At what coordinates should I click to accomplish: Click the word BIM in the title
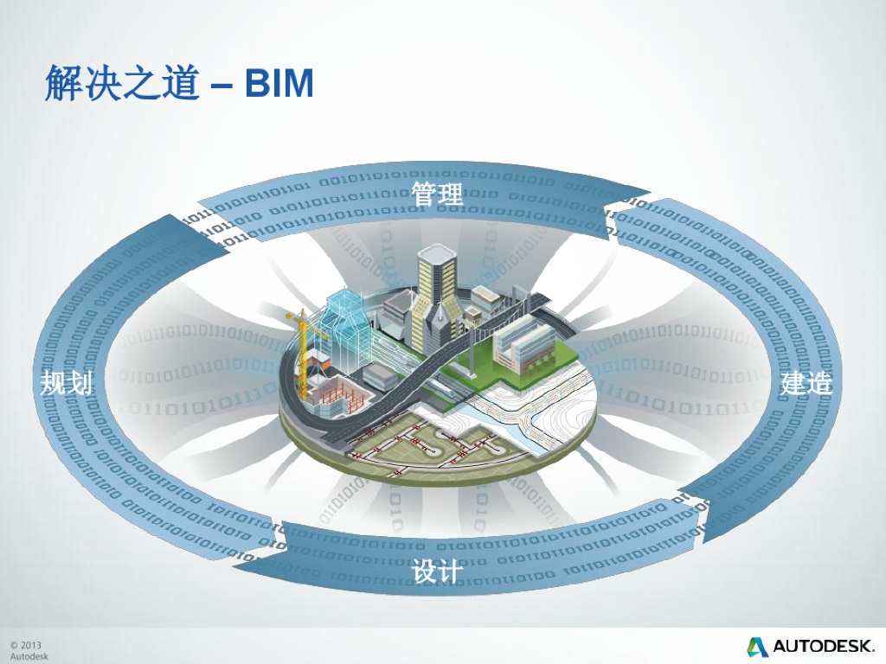pos(279,83)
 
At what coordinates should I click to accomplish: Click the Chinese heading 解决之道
pos(122,83)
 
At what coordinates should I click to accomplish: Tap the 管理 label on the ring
pos(438,194)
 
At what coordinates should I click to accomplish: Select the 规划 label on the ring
pos(67,382)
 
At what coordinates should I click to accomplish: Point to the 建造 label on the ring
pos(806,382)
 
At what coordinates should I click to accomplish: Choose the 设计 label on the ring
pos(438,571)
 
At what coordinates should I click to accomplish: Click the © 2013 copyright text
pos(26,645)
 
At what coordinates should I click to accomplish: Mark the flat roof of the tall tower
pos(436,252)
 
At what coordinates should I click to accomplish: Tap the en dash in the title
pos(221,85)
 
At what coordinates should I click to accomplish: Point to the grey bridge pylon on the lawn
pos(471,350)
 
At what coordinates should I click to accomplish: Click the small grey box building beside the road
pos(380,376)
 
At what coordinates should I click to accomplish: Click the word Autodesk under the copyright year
pos(29,656)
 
